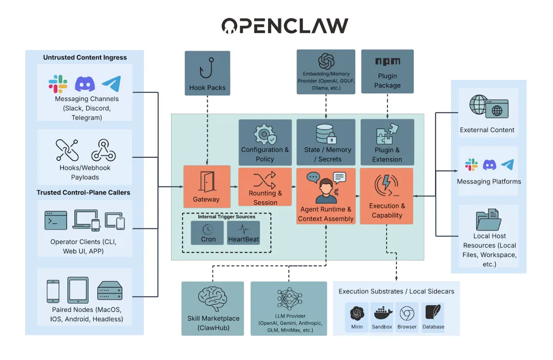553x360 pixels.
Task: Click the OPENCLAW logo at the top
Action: tap(285, 26)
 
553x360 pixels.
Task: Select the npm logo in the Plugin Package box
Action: tap(387, 61)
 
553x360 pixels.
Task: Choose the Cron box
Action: tap(208, 233)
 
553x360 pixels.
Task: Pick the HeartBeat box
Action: tap(244, 233)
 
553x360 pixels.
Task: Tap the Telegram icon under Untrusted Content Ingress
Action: tap(111, 83)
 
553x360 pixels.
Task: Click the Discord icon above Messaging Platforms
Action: tap(490, 164)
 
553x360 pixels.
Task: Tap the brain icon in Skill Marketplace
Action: tap(213, 299)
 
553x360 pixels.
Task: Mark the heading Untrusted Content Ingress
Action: tap(85, 57)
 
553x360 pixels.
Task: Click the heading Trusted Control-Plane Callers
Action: tap(83, 193)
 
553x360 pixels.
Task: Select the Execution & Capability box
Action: tap(387, 197)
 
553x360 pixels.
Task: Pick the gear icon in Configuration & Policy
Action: tap(265, 134)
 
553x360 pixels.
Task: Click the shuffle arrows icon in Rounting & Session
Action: tap(265, 180)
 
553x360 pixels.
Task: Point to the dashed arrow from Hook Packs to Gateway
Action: tap(207, 131)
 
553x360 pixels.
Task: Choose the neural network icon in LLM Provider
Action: tap(289, 299)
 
